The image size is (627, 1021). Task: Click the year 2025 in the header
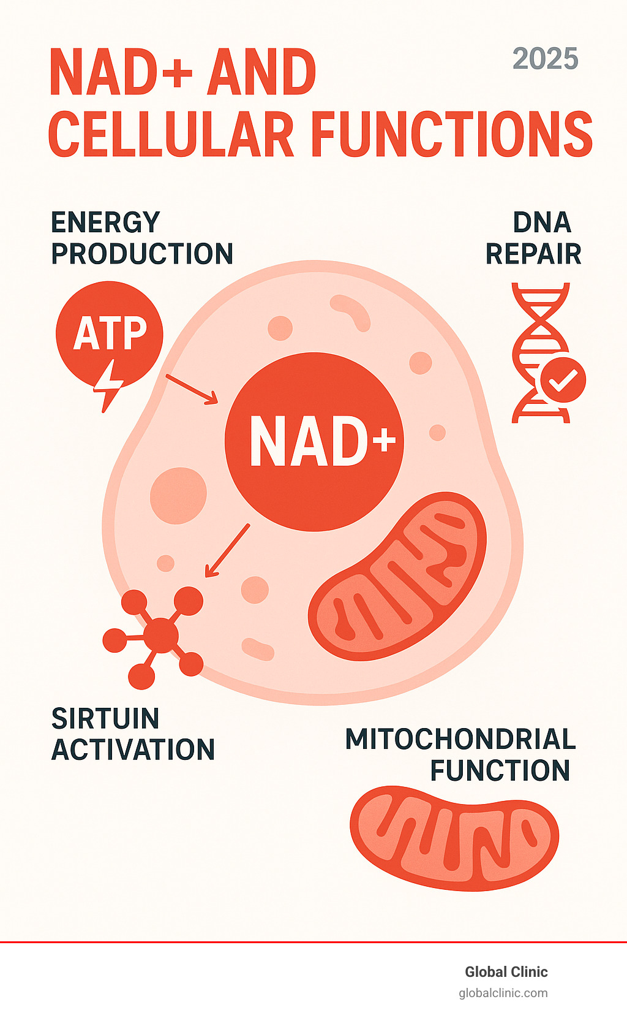545,59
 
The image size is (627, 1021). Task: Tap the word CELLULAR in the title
171,134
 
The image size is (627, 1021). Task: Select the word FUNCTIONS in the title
452,134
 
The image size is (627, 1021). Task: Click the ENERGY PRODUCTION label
141,238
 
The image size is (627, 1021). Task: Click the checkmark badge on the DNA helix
563,380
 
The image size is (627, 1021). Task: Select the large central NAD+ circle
314,441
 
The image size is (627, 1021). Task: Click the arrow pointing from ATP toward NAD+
192,389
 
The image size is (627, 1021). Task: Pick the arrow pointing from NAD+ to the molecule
227,550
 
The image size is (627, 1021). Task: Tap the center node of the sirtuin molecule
160,635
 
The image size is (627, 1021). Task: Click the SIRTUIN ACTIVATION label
133,734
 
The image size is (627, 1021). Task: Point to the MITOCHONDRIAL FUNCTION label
460,754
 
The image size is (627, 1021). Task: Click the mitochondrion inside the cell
397,576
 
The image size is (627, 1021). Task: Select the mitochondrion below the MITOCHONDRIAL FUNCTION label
454,838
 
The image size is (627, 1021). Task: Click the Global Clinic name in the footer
506,971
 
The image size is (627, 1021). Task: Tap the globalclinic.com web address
503,993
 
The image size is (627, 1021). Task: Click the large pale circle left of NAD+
178,495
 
